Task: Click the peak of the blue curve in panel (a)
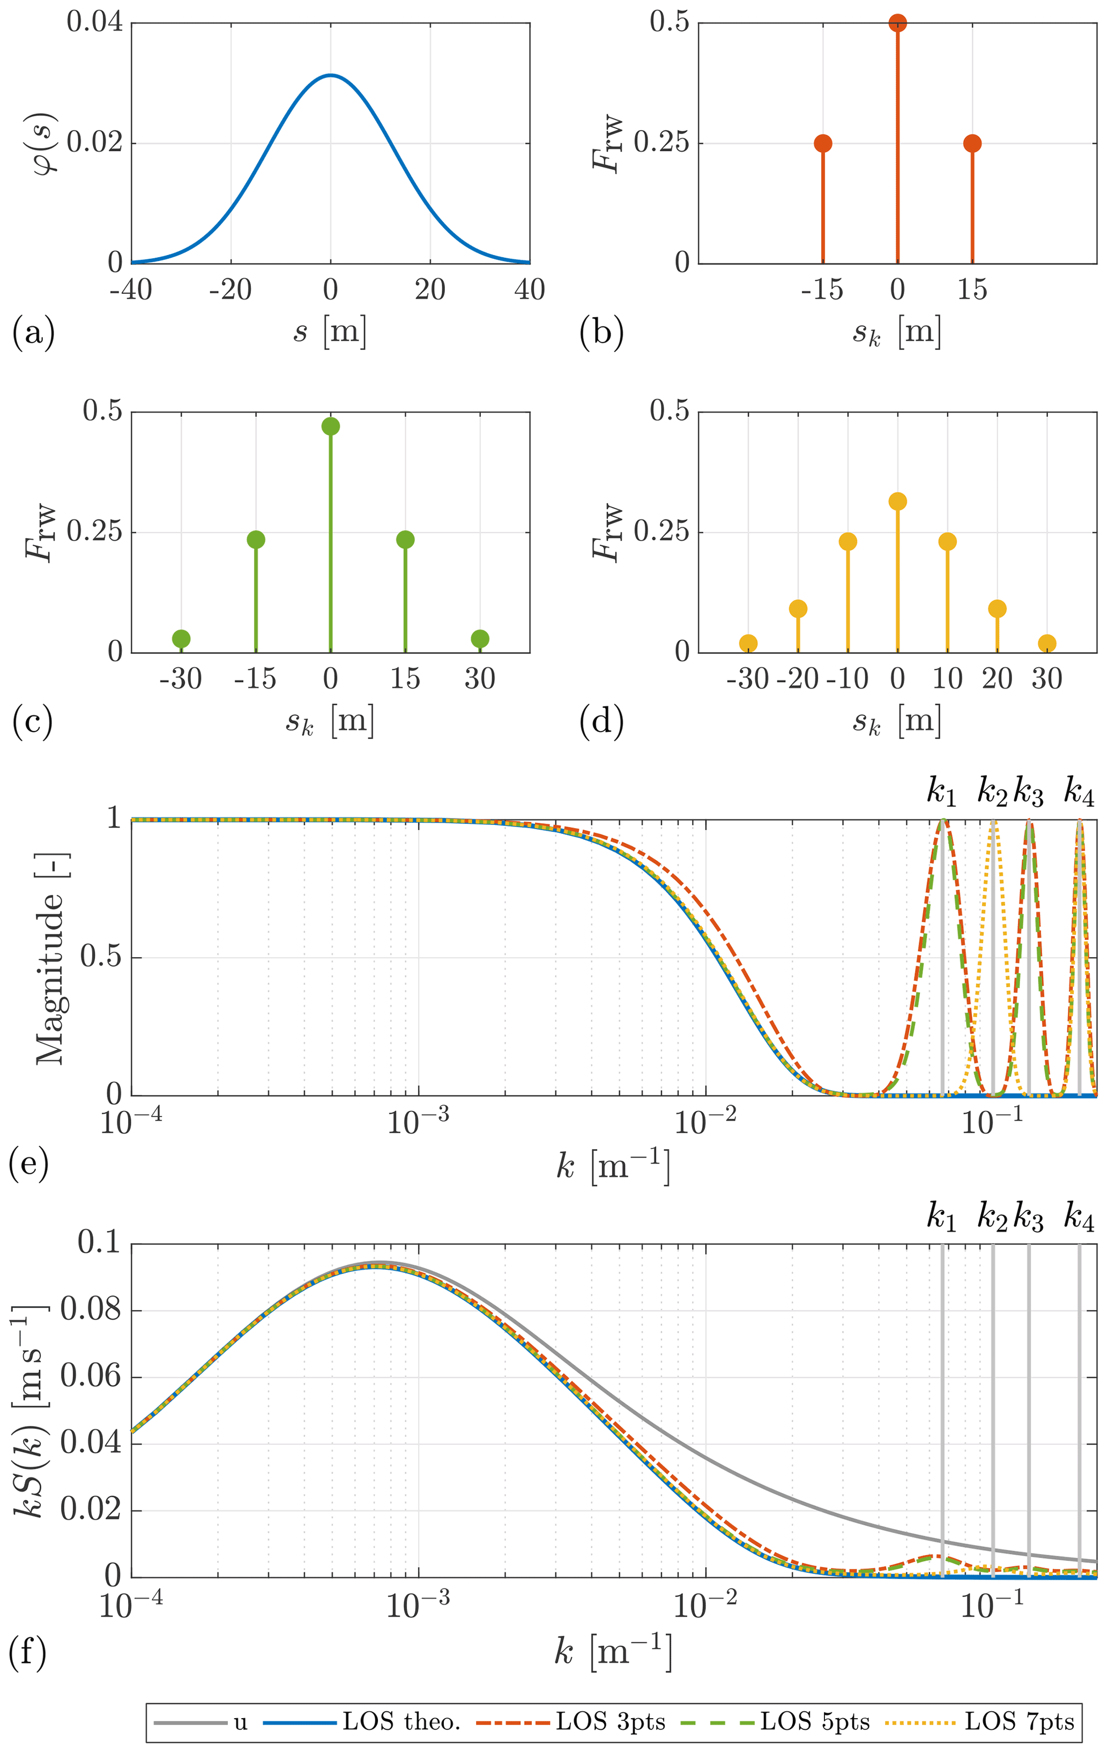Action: point(331,75)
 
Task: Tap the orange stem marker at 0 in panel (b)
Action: point(898,23)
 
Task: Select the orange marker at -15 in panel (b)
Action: point(823,144)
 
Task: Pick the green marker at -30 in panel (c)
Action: point(181,638)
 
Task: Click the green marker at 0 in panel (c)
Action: point(331,427)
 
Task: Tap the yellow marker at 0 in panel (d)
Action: point(898,502)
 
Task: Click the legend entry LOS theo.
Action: point(401,1722)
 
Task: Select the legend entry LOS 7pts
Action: point(1019,1722)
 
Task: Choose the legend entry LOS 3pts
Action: point(610,1722)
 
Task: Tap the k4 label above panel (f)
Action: point(1079,1217)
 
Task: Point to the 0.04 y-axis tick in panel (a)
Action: point(95,22)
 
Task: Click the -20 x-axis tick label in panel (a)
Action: point(231,290)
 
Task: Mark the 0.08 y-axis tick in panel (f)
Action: point(90,1310)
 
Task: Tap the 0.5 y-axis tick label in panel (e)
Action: point(100,957)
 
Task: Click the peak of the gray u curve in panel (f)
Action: point(378,1262)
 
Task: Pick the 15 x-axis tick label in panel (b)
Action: point(972,290)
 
